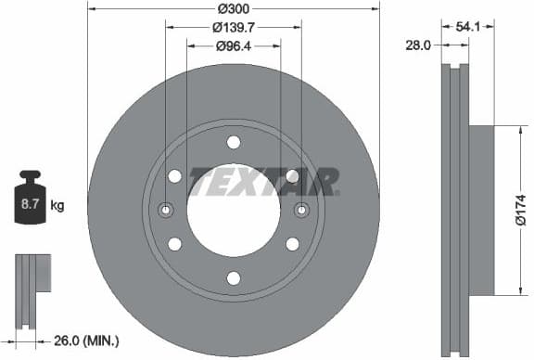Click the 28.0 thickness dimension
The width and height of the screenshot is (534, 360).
tap(420, 45)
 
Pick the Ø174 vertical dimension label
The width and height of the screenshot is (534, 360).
tap(521, 209)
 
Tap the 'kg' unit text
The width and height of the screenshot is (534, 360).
tap(57, 206)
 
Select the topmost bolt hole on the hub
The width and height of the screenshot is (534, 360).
tap(233, 142)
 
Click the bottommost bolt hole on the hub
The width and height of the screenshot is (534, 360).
tap(233, 277)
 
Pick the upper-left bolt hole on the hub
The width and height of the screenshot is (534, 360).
tap(174, 176)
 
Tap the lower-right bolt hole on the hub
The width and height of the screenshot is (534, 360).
tap(292, 244)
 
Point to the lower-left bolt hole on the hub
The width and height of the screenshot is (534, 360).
tap(174, 244)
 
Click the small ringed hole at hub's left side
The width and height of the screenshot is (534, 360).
tap(166, 211)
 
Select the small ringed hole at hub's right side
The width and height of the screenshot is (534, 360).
tap(300, 211)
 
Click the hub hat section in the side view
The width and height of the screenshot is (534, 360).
tap(481, 209)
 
